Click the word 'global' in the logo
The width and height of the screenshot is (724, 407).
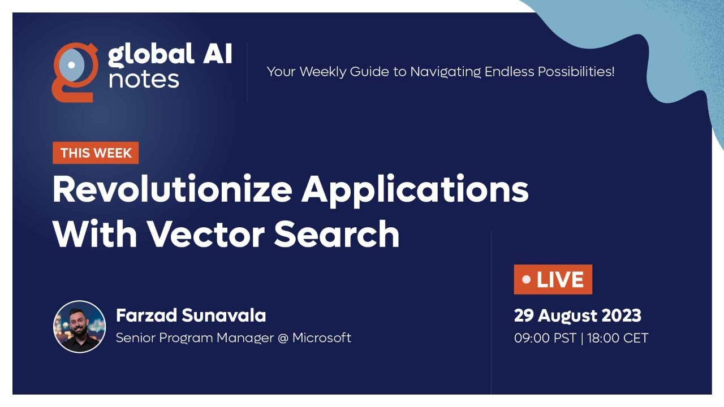point(144,55)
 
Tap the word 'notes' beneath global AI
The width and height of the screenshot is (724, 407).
point(144,80)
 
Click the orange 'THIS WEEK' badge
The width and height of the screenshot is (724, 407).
point(96,153)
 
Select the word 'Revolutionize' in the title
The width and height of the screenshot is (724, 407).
point(172,189)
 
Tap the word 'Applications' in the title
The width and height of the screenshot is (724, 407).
point(415,190)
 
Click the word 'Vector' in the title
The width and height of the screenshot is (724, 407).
point(206,233)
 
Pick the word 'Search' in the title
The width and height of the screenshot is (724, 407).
point(337,233)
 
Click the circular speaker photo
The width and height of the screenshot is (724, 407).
point(79,327)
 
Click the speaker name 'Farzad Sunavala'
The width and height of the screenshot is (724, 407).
point(191,315)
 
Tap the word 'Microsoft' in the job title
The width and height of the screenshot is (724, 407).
point(321,338)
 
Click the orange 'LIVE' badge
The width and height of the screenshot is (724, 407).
point(553,279)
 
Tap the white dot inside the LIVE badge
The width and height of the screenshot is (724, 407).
point(527,279)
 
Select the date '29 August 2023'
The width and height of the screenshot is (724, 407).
point(578,315)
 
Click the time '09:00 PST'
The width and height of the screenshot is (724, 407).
point(545,338)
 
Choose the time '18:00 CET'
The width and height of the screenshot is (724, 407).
point(617,338)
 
